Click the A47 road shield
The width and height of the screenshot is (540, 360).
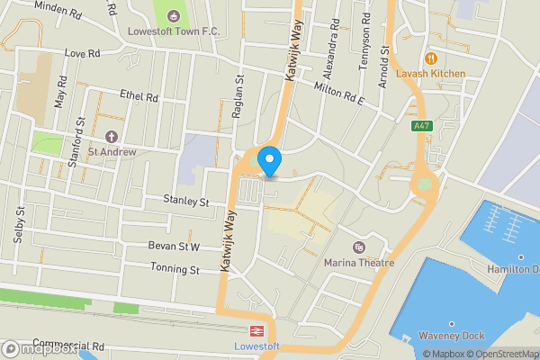(421, 127)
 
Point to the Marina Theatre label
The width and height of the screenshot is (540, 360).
(359, 263)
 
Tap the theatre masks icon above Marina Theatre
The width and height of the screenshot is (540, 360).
(359, 247)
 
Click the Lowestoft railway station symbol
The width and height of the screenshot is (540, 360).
(256, 330)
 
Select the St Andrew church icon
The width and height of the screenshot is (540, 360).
(112, 137)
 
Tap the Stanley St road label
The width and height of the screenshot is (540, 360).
(185, 201)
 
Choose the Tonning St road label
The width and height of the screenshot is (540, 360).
(175, 269)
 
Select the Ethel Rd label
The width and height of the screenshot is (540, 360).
(139, 96)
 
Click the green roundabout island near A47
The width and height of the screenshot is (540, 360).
(424, 184)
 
